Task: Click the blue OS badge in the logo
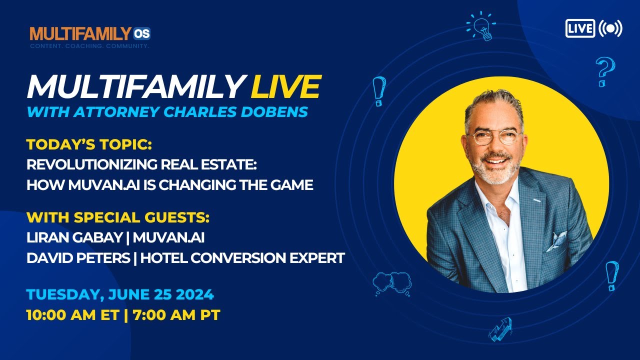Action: pyautogui.click(x=141, y=33)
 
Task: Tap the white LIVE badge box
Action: pyautogui.click(x=580, y=28)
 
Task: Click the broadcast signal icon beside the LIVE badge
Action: pyautogui.click(x=610, y=28)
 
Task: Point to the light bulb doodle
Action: pyautogui.click(x=481, y=25)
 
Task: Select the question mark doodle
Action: pyautogui.click(x=605, y=71)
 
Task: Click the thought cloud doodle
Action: pyautogui.click(x=392, y=283)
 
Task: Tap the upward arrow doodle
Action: pyautogui.click(x=500, y=329)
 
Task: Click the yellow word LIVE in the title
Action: pyautogui.click(x=286, y=86)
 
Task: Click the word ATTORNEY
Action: pyautogui.click(x=116, y=111)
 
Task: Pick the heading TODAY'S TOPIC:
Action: pyautogui.click(x=89, y=144)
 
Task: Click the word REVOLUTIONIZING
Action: pyautogui.click(x=91, y=164)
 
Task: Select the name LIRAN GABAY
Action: pyautogui.click(x=74, y=237)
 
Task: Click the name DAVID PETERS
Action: pyautogui.click(x=78, y=257)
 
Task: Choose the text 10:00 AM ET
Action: pyautogui.click(x=72, y=315)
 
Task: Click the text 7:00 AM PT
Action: pyautogui.click(x=176, y=315)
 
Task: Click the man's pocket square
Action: pyautogui.click(x=556, y=241)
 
